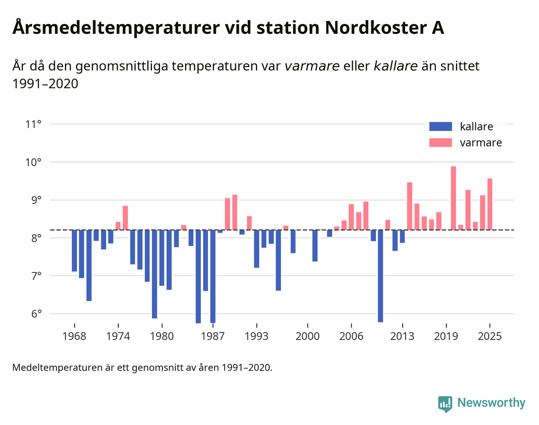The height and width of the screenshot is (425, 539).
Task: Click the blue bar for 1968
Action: pos(74,250)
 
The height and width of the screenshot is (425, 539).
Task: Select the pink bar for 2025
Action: pos(490,204)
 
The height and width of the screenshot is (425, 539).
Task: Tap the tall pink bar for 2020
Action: pos(453,198)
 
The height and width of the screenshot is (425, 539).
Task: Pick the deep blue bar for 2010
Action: pos(381,276)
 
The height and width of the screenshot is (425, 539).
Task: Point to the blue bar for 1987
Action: pos(213,276)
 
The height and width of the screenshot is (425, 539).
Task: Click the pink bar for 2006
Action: pos(351,217)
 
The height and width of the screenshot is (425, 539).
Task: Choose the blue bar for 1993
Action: pos(257,249)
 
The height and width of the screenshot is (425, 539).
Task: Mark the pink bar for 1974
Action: pos(118,226)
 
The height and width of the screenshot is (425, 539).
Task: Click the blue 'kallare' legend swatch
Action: pos(440,126)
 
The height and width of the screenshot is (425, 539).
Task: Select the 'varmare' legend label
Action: pos(481,143)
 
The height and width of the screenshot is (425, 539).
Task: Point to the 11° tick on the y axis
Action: pos(33,124)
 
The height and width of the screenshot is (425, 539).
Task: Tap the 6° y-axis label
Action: pos(33,314)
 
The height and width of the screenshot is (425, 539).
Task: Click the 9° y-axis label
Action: pos(33,200)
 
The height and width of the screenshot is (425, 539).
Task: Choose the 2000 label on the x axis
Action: pos(308,336)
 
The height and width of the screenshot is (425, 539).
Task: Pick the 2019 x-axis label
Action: pos(446,336)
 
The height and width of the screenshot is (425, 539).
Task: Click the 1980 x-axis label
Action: pos(162,336)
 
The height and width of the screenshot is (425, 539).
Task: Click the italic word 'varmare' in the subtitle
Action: pos(312,66)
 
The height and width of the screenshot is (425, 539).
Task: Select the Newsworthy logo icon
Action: pos(445,404)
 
